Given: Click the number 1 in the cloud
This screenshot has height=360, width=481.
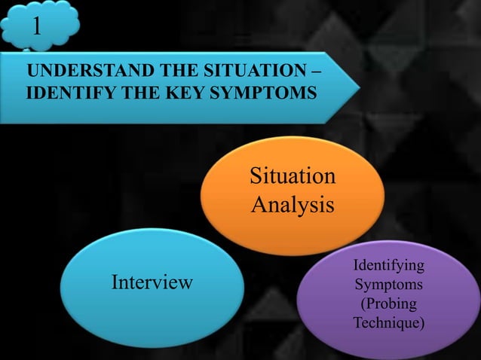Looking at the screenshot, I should pyautogui.click(x=36, y=26).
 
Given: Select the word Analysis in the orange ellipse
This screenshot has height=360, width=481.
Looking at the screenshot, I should pyautogui.click(x=291, y=203).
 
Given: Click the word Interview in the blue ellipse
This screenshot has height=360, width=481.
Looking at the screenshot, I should pyautogui.click(x=152, y=282).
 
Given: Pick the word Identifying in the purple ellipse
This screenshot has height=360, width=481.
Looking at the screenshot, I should pyautogui.click(x=388, y=267).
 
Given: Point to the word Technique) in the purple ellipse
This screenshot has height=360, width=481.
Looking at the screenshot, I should pyautogui.click(x=388, y=323).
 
